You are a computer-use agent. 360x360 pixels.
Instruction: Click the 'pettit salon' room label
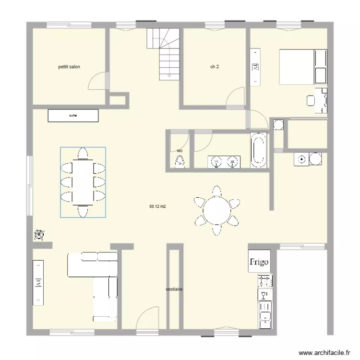(68, 67)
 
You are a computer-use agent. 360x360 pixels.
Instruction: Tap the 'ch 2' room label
(215, 67)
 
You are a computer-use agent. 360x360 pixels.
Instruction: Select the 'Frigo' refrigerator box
(259, 262)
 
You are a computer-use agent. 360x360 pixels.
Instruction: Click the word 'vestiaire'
(174, 289)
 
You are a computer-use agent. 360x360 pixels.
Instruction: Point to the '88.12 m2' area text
(157, 206)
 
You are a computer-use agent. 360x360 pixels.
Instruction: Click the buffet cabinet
(73, 115)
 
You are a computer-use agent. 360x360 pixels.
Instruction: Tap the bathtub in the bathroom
(258, 150)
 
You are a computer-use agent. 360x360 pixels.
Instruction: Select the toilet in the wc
(180, 162)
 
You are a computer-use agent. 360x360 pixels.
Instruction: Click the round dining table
(216, 211)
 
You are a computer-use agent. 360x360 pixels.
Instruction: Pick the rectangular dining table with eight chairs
(83, 182)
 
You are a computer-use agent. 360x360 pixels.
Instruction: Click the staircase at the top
(164, 53)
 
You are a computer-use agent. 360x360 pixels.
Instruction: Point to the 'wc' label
(180, 151)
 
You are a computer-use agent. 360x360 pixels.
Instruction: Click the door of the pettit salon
(98, 81)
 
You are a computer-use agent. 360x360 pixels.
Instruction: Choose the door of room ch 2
(236, 96)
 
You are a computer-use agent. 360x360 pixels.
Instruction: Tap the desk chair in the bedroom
(311, 100)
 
